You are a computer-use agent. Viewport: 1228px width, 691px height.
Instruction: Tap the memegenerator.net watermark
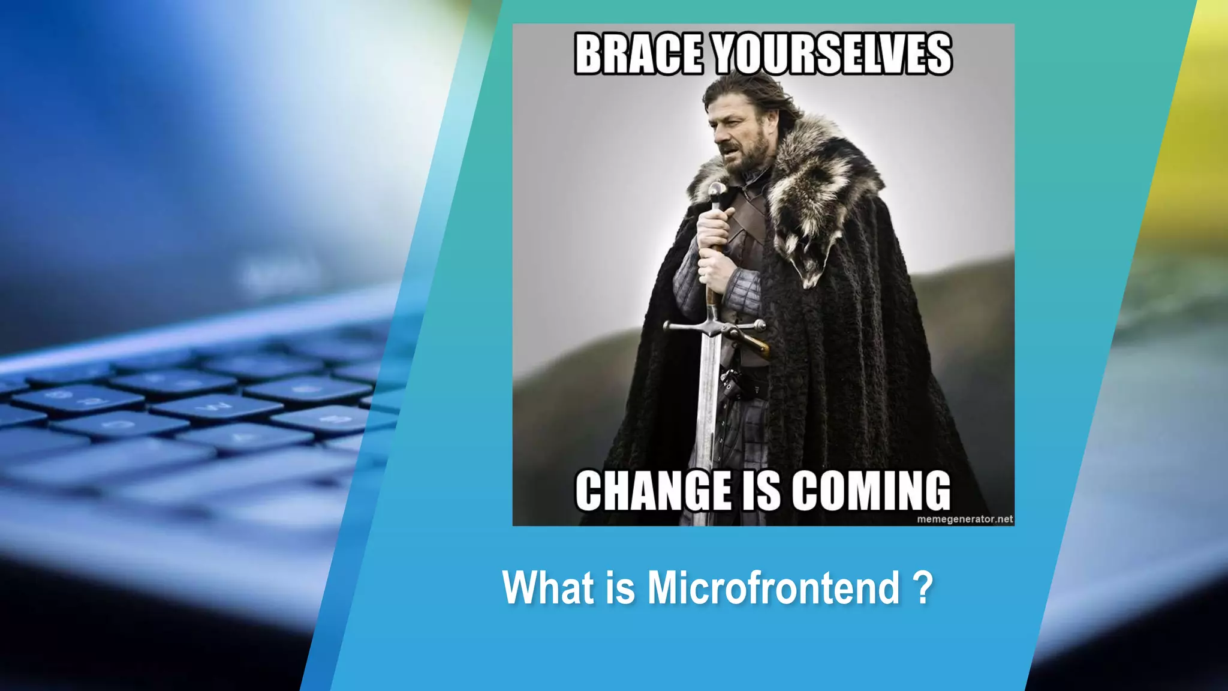[965, 519]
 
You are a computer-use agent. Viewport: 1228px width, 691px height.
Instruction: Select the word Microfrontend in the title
[773, 588]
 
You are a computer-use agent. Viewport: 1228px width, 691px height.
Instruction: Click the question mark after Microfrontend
[925, 588]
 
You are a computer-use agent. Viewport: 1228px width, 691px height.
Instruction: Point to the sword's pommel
[716, 192]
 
